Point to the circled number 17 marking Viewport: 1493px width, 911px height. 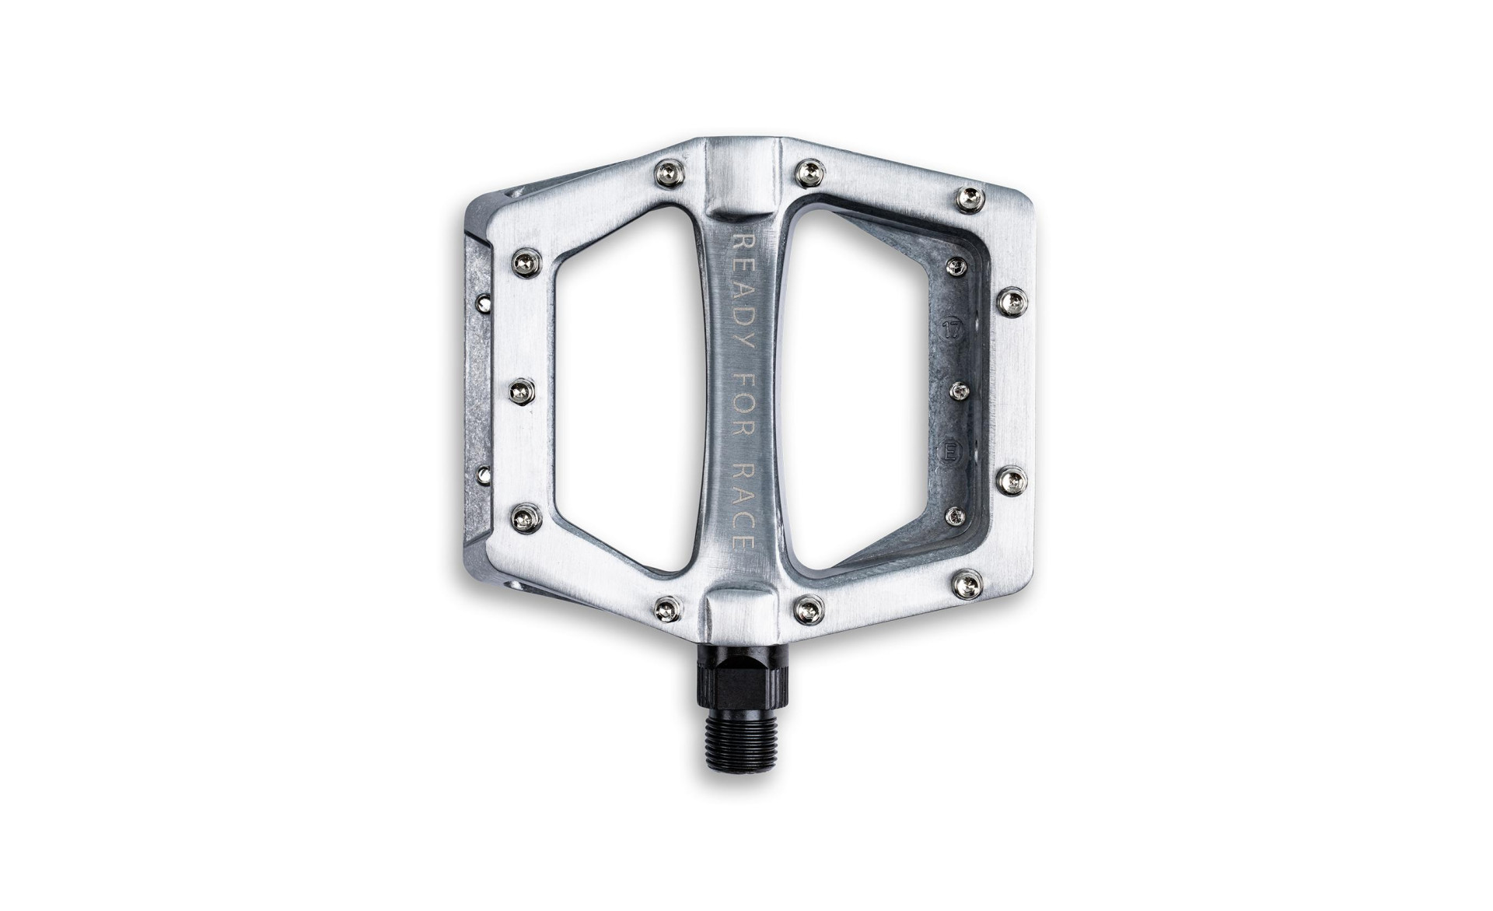point(952,328)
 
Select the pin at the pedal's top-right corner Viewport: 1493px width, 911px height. point(970,200)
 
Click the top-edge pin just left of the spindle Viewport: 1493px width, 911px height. point(669,174)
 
